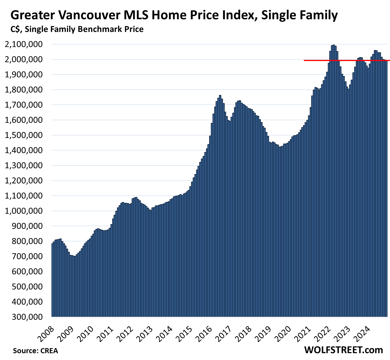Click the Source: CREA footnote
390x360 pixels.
[x=35, y=351]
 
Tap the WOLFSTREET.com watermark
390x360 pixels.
[x=343, y=350]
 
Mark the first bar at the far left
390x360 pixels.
[x=52, y=280]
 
